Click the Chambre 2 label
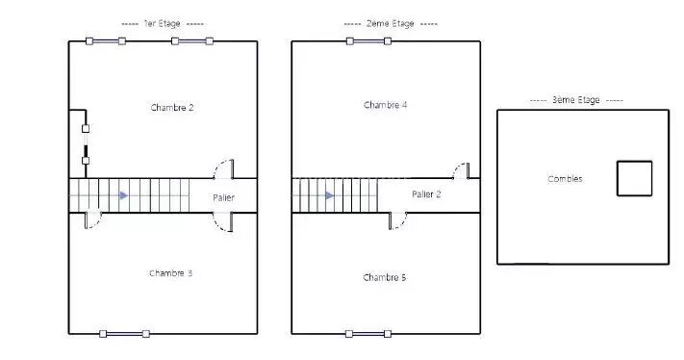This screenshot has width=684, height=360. [172, 108]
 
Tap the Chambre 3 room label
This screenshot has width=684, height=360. [170, 273]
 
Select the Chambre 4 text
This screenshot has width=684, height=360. [385, 105]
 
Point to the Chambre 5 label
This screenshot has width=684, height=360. [384, 277]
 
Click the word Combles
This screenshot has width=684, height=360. [565, 178]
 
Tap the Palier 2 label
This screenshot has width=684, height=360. [426, 194]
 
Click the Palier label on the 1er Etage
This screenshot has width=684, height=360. [223, 197]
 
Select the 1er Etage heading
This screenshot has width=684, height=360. [162, 23]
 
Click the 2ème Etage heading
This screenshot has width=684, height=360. [390, 23]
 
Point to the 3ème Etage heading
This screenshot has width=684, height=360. [576, 100]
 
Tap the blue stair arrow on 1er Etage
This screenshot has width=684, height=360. [124, 195]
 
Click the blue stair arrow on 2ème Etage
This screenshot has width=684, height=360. [330, 195]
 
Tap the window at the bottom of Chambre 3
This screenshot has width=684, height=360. [124, 334]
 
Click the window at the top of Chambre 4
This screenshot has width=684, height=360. [368, 41]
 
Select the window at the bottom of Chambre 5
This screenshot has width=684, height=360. [368, 334]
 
